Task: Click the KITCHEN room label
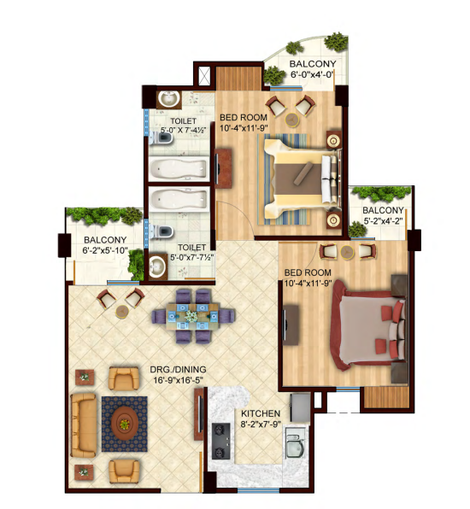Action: (261, 413)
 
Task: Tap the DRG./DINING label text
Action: (178, 370)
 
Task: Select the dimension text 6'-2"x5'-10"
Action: (105, 250)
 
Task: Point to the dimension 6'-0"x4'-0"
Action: (312, 74)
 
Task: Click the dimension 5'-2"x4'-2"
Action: (384, 221)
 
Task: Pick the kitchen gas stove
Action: (221, 442)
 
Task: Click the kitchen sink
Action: (296, 442)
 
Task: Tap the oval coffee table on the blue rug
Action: (125, 424)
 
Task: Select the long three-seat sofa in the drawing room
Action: (84, 425)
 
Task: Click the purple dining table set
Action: (193, 316)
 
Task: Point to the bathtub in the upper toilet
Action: (179, 169)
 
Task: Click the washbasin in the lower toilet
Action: (158, 266)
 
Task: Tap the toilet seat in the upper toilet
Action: (162, 138)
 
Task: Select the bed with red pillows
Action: (367, 325)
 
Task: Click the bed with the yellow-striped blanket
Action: (302, 178)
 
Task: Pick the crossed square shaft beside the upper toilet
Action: (204, 76)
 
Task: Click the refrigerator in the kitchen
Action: (300, 407)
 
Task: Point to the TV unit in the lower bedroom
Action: (291, 325)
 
